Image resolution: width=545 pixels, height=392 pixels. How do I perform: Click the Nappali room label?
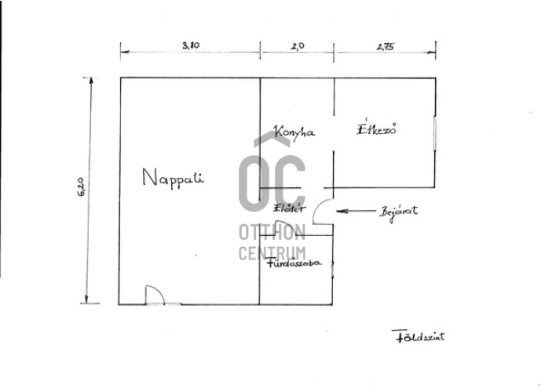(173, 178)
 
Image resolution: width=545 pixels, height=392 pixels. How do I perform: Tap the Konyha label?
(294, 132)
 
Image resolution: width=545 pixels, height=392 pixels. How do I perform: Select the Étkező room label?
(377, 129)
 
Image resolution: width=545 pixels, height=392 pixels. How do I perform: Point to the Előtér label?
(290, 209)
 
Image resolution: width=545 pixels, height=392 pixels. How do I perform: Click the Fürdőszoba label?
(294, 263)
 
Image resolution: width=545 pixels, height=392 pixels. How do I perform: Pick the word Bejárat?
(399, 212)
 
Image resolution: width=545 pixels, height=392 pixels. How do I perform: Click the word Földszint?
(418, 336)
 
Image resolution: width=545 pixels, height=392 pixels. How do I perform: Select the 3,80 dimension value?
(191, 45)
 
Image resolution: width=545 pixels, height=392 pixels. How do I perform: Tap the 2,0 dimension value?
(298, 45)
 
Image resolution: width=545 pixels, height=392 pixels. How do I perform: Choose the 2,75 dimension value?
(386, 46)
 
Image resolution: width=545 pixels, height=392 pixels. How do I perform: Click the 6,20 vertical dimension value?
(82, 187)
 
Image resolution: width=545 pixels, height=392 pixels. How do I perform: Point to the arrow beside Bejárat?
(356, 211)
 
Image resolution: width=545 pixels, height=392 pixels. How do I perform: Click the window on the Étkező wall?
(435, 133)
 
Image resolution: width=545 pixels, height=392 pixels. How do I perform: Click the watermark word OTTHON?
(272, 232)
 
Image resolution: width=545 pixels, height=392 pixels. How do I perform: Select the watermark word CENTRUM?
(272, 253)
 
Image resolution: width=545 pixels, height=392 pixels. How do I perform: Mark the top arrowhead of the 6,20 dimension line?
(91, 81)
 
